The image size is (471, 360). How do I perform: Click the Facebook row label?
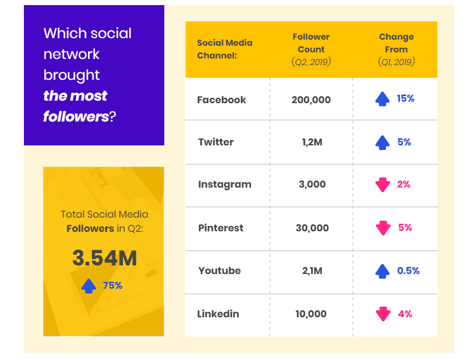pos(221,100)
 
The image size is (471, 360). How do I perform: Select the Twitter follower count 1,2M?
pos(311,142)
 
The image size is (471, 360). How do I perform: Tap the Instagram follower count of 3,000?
pos(311,185)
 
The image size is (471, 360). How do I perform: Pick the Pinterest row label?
pos(221,228)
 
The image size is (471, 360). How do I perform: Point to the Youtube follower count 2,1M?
pos(311,271)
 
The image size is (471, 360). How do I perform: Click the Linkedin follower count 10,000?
pos(311,314)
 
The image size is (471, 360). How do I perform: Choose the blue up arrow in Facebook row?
pos(382,99)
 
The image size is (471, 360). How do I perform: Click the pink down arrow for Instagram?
pos(382,185)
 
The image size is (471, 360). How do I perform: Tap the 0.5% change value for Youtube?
pos(408,271)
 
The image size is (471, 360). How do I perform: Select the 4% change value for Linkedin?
pos(405,314)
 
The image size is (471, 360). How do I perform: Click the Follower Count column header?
pos(311,49)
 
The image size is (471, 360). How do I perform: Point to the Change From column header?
pos(396,49)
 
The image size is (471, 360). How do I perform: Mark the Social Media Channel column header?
pos(224,49)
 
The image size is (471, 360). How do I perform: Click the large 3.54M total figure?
pos(104,258)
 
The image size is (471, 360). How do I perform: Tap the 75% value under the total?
pos(113,286)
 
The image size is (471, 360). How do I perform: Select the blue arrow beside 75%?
pos(89,286)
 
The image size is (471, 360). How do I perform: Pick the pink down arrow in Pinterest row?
pos(382,228)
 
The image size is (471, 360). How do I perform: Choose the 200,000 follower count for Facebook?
pos(311,100)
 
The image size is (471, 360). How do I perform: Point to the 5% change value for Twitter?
pos(404,142)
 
